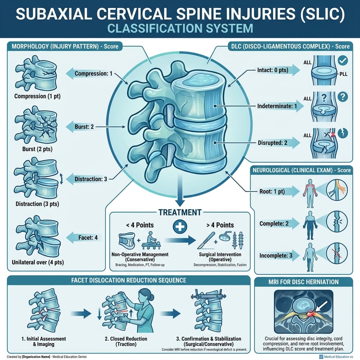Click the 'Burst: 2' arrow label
[84, 126]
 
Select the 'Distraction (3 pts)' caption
[37, 204]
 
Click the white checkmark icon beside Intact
[342, 60]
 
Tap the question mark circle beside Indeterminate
[342, 96]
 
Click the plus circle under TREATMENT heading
[180, 227]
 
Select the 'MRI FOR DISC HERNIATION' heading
[303, 282]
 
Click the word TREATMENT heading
[180, 212]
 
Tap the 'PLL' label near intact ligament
[343, 74]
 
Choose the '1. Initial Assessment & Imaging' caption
[43, 342]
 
